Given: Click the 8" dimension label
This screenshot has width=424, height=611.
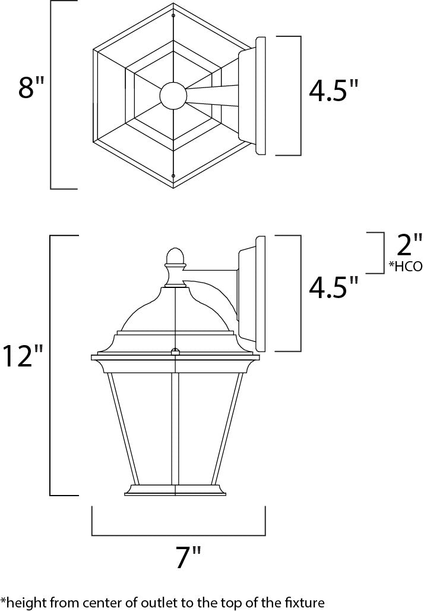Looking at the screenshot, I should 31,88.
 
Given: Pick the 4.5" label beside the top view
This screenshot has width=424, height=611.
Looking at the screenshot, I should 334,91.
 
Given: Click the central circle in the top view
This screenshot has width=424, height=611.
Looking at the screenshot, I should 173,95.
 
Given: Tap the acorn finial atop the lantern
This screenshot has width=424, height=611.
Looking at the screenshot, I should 173,256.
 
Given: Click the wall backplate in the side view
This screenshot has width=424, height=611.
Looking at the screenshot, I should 258,293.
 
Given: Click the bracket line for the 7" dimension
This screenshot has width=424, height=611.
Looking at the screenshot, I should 178,535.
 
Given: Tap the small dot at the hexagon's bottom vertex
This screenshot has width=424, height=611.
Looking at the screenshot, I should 173,175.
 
